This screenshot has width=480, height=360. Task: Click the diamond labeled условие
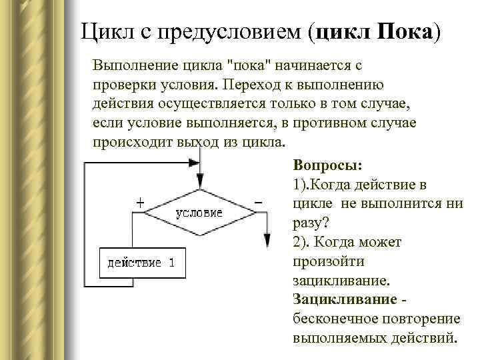[200, 213]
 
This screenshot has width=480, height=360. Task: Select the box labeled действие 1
[141, 262]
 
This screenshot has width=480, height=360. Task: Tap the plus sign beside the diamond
[141, 200]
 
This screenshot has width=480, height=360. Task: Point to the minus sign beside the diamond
[258, 201]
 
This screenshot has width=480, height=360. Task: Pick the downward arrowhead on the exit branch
[266, 241]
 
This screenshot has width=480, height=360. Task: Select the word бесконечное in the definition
[333, 318]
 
